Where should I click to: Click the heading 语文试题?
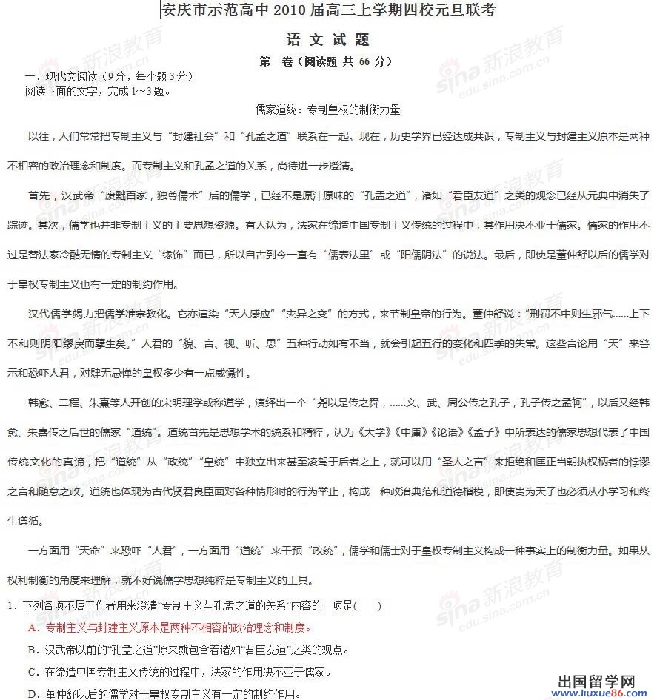click(327, 39)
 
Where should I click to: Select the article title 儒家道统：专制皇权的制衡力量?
click(327, 110)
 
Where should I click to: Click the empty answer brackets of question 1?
click(368, 606)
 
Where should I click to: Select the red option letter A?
click(31, 627)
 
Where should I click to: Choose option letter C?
click(31, 672)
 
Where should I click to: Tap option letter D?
click(31, 693)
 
